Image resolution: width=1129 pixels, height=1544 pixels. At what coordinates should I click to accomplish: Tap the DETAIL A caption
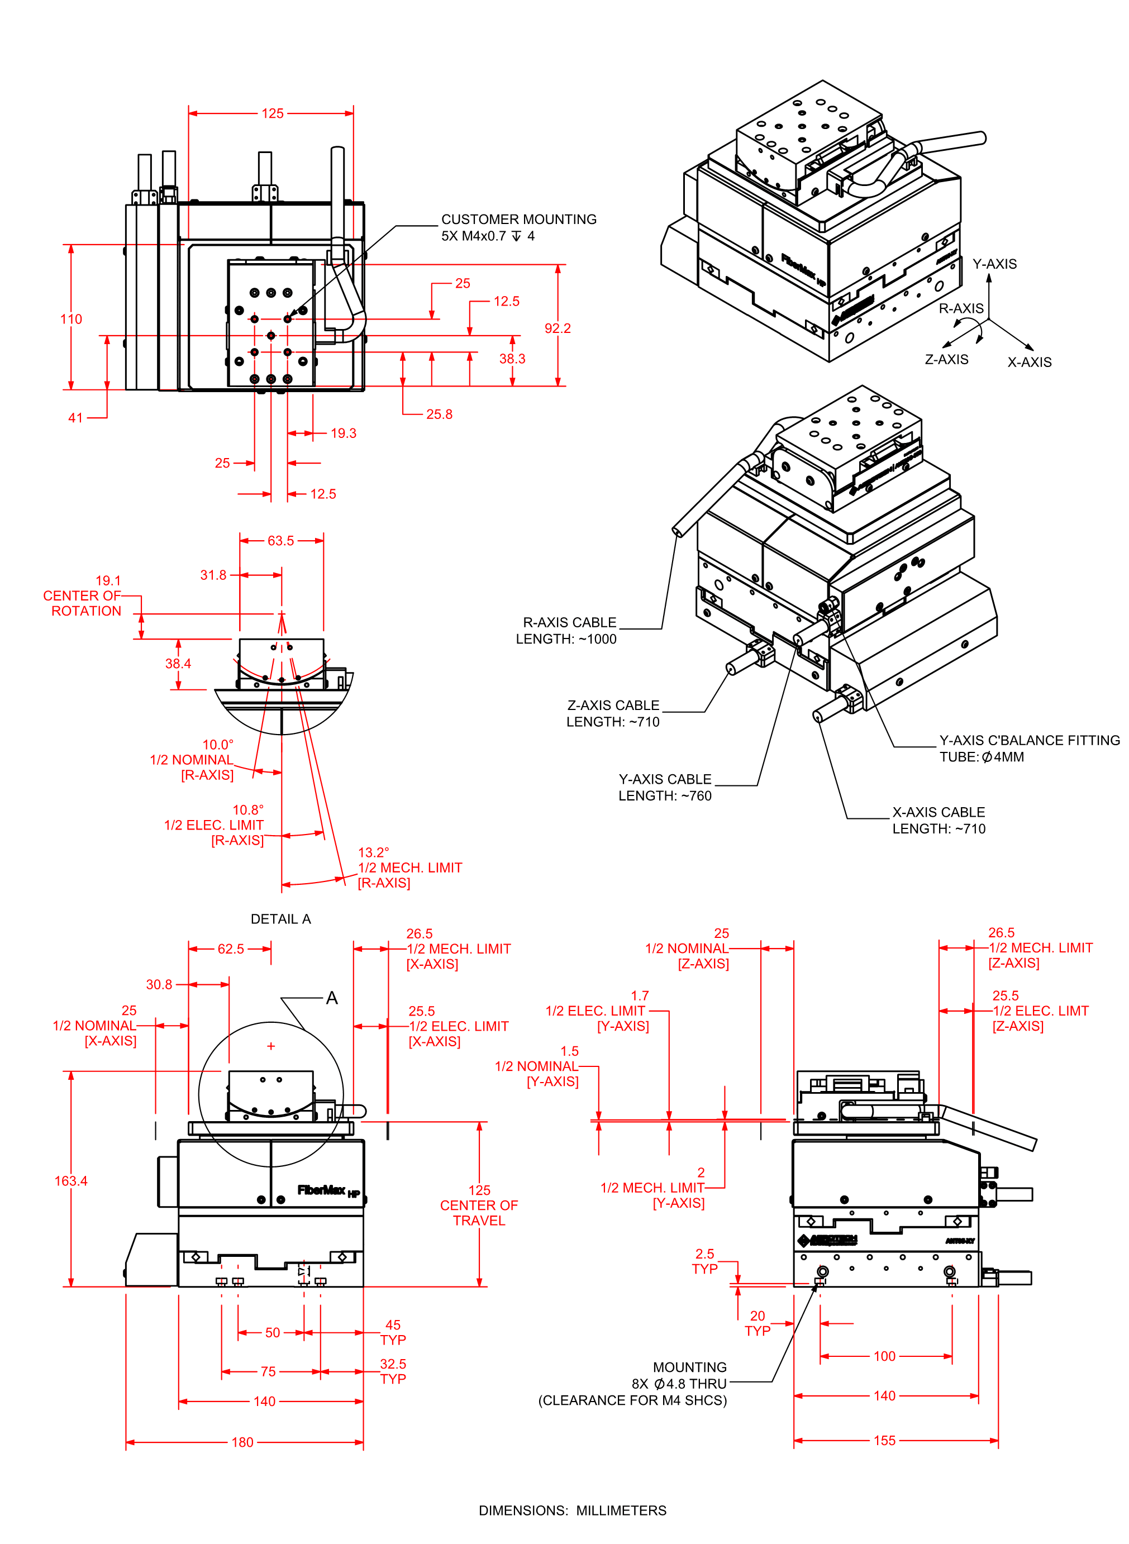(x=280, y=919)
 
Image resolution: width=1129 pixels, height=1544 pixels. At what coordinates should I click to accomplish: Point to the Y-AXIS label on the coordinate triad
(x=994, y=264)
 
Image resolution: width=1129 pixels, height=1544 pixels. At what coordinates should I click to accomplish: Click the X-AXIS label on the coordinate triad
(x=1029, y=362)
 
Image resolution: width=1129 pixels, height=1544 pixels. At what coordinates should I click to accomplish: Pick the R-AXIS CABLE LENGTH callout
(x=566, y=631)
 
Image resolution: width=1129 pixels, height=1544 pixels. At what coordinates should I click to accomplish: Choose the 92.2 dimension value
(x=558, y=328)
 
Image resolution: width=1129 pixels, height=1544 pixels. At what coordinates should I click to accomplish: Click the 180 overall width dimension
(x=242, y=1442)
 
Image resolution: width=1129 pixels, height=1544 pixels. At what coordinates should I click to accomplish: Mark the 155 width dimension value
(x=884, y=1441)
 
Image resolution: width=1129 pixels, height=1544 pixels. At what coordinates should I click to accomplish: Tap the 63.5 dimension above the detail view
(x=280, y=540)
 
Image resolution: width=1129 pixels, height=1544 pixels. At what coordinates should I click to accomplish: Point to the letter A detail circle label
(x=332, y=998)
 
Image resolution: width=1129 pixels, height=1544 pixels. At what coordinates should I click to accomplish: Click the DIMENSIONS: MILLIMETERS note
(x=572, y=1510)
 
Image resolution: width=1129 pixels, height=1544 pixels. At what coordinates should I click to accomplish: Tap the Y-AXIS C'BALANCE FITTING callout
(x=1028, y=748)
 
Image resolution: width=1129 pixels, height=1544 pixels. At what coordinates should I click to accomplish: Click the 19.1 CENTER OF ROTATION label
(x=83, y=595)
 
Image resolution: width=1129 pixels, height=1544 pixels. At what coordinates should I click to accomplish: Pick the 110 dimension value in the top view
(x=71, y=319)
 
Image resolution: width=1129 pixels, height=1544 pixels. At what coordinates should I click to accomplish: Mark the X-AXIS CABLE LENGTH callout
(x=939, y=821)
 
